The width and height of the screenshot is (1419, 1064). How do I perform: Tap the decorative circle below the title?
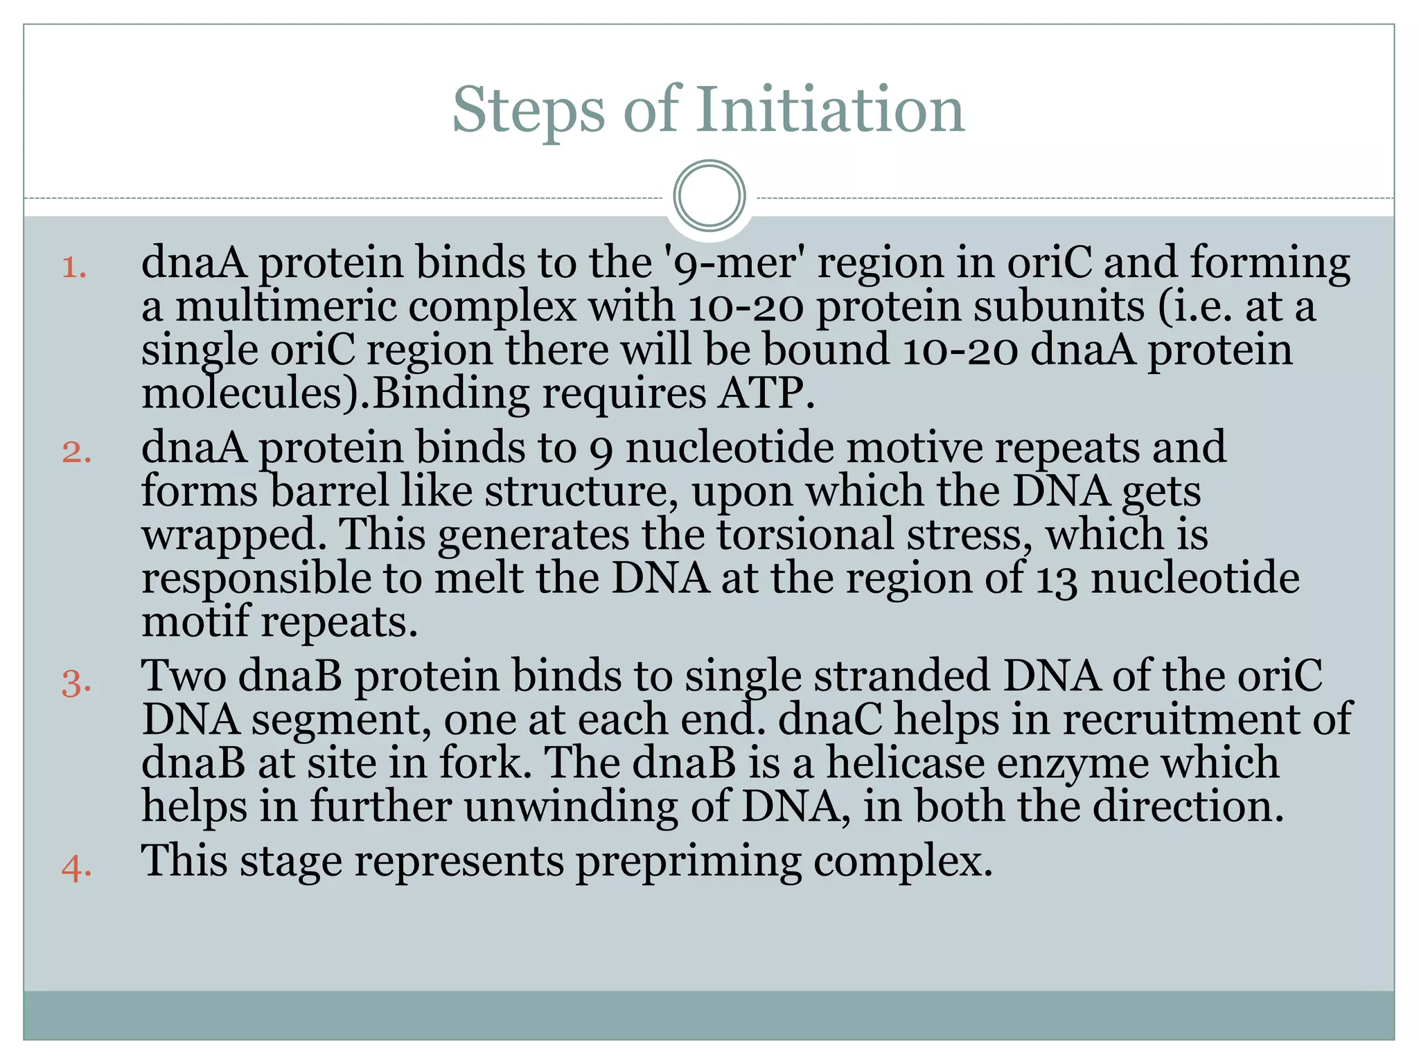click(x=709, y=195)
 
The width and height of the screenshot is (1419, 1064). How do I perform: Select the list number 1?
click(x=73, y=267)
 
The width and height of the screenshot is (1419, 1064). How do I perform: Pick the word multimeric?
click(x=285, y=306)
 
